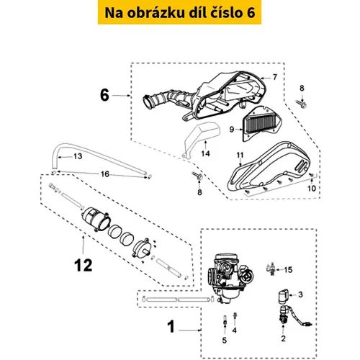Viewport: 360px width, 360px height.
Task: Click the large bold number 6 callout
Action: coord(104,95)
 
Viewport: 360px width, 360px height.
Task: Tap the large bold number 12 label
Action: coord(84,266)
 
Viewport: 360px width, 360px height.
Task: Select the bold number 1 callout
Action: coord(171,326)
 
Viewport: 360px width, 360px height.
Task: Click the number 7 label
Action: coord(275,77)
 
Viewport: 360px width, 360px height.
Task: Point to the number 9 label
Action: coord(232,130)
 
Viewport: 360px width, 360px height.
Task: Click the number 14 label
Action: coord(205,153)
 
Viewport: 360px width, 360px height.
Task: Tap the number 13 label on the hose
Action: coord(78,156)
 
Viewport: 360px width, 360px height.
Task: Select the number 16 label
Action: coord(105,174)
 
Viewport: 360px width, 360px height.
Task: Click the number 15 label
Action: coord(288,270)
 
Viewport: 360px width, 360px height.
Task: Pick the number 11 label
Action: coord(240,156)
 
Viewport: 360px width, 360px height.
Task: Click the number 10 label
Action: coord(312,189)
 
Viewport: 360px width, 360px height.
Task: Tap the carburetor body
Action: coord(230,276)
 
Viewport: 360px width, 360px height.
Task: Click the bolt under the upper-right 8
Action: coord(302,104)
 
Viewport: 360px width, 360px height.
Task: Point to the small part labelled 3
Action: coord(283,296)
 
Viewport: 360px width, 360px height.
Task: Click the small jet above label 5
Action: coord(225,320)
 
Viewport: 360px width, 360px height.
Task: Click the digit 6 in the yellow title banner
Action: coord(250,13)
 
